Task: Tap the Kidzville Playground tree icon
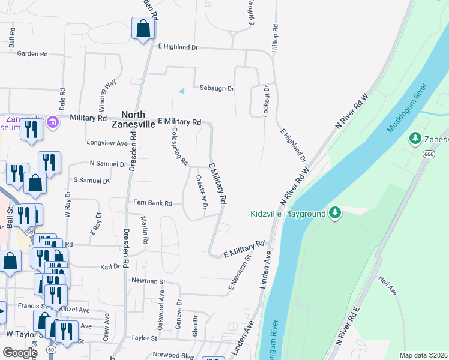click(335, 213)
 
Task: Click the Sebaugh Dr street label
click(217, 88)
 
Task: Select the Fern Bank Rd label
click(152, 203)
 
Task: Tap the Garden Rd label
click(32, 54)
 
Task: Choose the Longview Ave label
click(107, 143)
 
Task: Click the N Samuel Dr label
click(107, 163)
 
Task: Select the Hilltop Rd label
click(274, 38)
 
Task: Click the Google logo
click(20, 353)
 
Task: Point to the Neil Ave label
click(387, 286)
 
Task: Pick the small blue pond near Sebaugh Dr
click(182, 91)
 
